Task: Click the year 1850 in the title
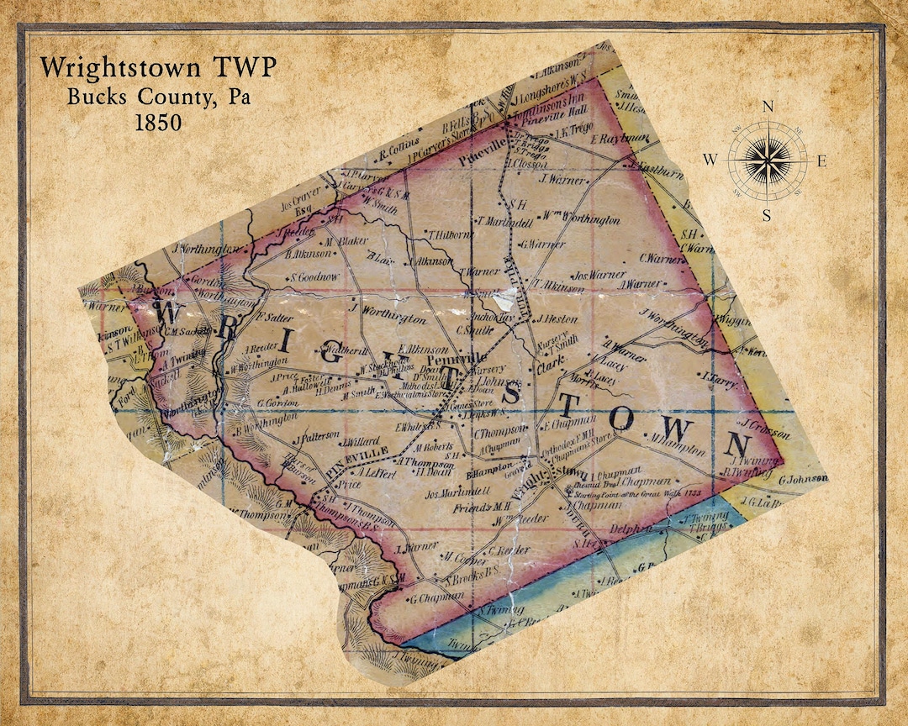157,121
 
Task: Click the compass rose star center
767,159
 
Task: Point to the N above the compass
767,107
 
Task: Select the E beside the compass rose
821,160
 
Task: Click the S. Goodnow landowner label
315,276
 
